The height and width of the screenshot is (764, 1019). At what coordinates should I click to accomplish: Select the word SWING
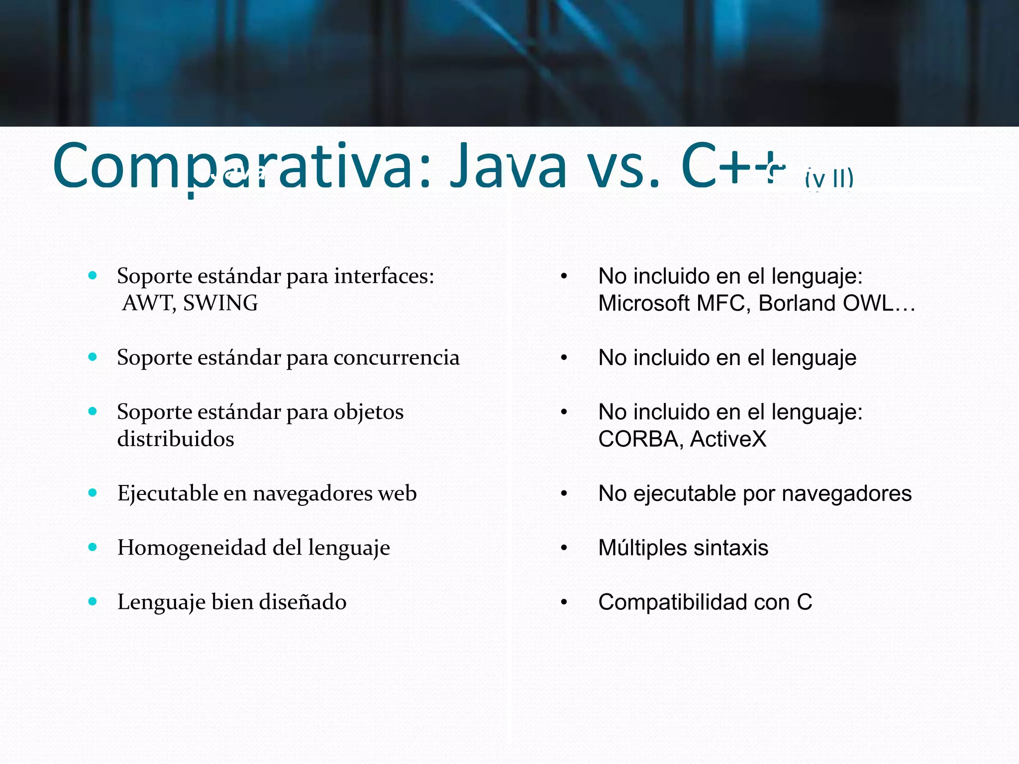click(220, 303)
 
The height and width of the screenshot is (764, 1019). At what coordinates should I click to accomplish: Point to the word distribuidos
click(176, 439)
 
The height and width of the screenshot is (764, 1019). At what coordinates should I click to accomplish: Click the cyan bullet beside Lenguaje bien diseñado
click(93, 601)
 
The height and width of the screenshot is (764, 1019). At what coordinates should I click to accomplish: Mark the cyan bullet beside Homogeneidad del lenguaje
click(93, 547)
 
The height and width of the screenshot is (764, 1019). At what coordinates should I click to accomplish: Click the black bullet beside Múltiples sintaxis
click(564, 548)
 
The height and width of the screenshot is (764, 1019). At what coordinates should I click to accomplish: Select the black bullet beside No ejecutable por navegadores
click(564, 494)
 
